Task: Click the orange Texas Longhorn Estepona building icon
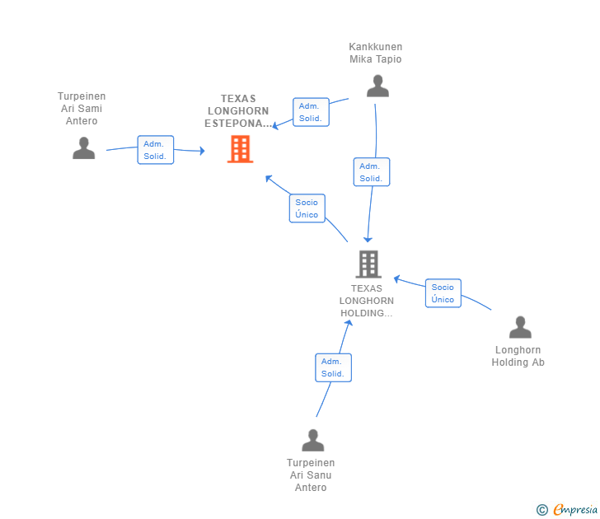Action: tap(240, 149)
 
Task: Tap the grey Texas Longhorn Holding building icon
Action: tap(368, 264)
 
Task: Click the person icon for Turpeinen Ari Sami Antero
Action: tap(83, 148)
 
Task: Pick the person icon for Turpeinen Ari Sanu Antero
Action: tap(312, 441)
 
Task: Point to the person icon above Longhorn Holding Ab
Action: tap(519, 328)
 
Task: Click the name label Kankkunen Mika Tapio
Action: tap(376, 53)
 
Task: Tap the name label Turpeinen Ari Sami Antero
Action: tap(82, 109)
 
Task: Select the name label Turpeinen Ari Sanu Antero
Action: tap(311, 475)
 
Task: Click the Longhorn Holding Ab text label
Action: tap(518, 356)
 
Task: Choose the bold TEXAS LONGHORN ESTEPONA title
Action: tap(238, 111)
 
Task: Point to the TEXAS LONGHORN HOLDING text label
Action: tap(367, 301)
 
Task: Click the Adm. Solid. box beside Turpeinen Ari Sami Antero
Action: tap(155, 150)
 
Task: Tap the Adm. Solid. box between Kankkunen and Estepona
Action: tap(311, 112)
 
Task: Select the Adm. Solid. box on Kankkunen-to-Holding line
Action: tap(371, 172)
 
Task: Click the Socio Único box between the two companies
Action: tap(307, 208)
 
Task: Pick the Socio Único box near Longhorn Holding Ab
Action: tap(443, 293)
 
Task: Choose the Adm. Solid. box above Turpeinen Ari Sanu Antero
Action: tap(333, 367)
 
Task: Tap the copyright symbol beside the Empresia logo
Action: tap(541, 510)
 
